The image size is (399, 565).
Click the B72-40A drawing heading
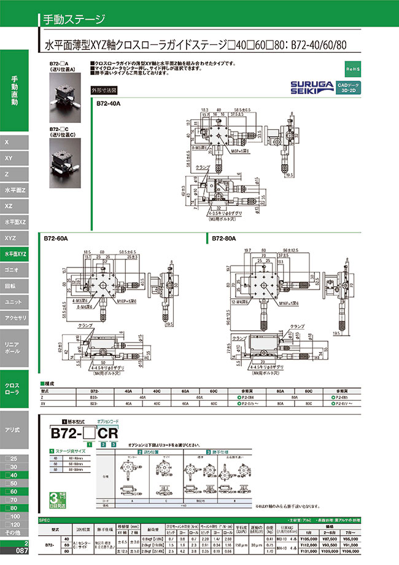point(109,103)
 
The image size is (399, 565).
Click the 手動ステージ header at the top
point(74,19)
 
